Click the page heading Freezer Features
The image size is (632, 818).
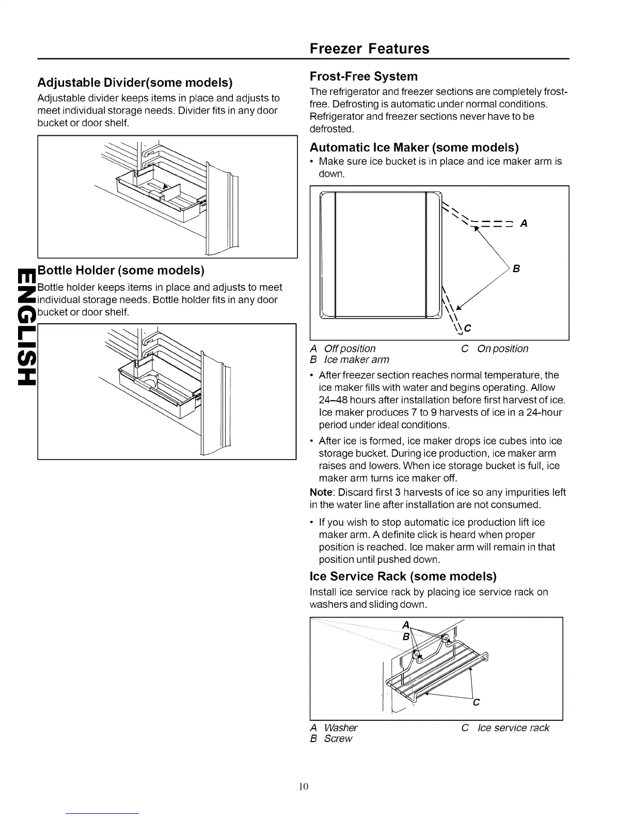369,49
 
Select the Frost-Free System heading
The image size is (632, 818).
364,76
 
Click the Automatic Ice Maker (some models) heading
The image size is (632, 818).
414,148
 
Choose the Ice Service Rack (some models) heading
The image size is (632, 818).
403,576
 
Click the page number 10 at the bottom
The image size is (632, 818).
303,786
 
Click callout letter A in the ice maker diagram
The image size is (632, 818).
524,224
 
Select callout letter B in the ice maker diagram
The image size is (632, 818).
516,269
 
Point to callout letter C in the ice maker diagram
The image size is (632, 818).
468,328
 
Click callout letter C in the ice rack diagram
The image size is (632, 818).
476,702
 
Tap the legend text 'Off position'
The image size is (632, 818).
350,349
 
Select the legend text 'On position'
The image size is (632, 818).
503,349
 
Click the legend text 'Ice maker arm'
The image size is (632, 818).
356,359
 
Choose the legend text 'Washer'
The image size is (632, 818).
341,728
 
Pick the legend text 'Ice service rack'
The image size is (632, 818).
514,728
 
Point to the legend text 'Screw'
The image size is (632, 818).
338,738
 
